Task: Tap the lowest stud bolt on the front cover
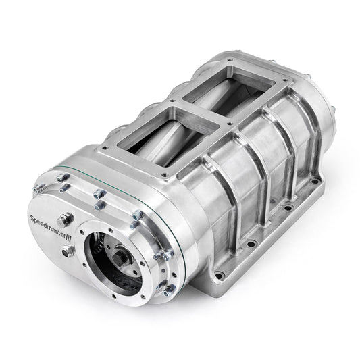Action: pos(163,292)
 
